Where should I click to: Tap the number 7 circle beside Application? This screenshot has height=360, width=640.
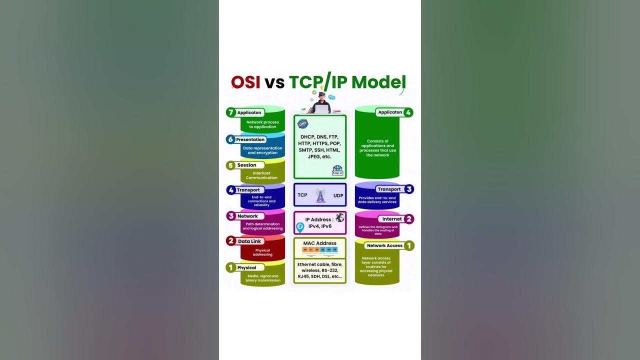(x=230, y=112)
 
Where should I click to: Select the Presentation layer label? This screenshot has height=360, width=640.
(x=250, y=139)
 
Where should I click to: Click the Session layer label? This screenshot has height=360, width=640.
(x=246, y=165)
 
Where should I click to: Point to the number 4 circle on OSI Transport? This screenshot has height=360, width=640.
(x=231, y=190)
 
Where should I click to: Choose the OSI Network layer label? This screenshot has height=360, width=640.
(x=247, y=216)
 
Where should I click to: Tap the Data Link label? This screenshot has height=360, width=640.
(x=249, y=241)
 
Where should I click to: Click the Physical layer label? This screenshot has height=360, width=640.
(x=246, y=267)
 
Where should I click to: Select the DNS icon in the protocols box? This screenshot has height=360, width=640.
(x=302, y=123)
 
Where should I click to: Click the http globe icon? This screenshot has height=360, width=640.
(x=337, y=170)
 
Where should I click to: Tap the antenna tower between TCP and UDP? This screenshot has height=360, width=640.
(x=320, y=195)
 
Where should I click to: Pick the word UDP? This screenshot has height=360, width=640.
(x=338, y=195)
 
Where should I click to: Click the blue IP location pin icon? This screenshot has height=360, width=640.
(x=300, y=227)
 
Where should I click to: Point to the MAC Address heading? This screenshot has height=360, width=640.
(x=319, y=243)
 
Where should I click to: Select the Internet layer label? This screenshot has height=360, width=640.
(x=392, y=219)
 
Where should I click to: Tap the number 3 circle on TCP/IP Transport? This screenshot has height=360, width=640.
(x=409, y=189)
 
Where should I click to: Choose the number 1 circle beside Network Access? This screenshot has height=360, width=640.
(x=409, y=245)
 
